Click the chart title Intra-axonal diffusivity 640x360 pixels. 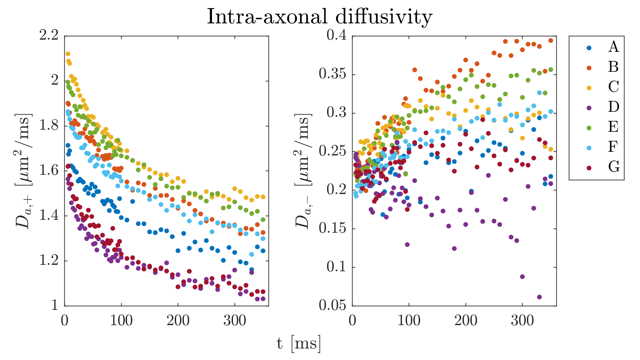click(320, 16)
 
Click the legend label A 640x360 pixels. click(613, 46)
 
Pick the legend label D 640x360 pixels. click(613, 107)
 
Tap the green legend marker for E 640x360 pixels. click(589, 128)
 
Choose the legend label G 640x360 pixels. click(614, 167)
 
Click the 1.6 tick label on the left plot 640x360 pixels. click(49, 170)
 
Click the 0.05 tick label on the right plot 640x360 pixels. click(333, 305)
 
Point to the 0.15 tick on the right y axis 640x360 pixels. click(333, 228)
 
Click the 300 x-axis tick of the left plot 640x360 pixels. click(235, 320)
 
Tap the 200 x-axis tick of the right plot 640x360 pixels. click(466, 320)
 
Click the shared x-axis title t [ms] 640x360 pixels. click(298, 344)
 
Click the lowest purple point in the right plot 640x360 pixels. click(539, 297)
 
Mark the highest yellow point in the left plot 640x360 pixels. click(68, 54)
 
